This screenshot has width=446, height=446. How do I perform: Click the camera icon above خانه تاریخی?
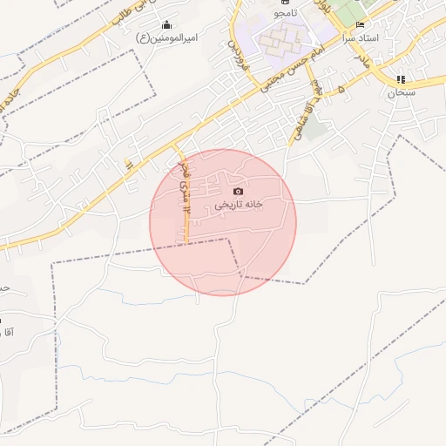pyautogui.click(x=238, y=191)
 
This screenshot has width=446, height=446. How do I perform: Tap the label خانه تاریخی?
pyautogui.click(x=239, y=205)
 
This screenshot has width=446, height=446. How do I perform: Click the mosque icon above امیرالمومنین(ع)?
pyautogui.click(x=167, y=24)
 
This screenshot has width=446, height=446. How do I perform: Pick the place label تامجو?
pyautogui.click(x=284, y=15)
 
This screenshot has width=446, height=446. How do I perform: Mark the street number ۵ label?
pyautogui.click(x=341, y=89)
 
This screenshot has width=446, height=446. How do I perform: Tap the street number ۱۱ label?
pyautogui.click(x=127, y=164)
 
